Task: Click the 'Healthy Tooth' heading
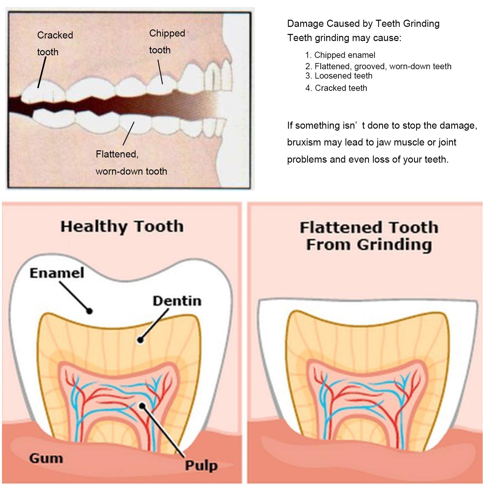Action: pyautogui.click(x=122, y=227)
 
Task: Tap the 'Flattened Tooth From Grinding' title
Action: pyautogui.click(x=369, y=236)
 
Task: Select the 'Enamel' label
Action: pyautogui.click(x=57, y=273)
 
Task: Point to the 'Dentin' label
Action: pyautogui.click(x=177, y=301)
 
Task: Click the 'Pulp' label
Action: pyautogui.click(x=201, y=466)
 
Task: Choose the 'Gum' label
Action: pyautogui.click(x=46, y=458)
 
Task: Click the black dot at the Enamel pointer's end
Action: pyautogui.click(x=89, y=311)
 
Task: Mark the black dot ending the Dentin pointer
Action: pyautogui.click(x=140, y=340)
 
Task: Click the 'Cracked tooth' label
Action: pyautogui.click(x=55, y=43)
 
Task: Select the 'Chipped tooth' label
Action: pyautogui.click(x=167, y=41)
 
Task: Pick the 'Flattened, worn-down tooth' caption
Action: pyautogui.click(x=131, y=163)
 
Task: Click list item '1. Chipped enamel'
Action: pyautogui.click(x=340, y=55)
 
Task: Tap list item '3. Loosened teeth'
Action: pyautogui.click(x=339, y=76)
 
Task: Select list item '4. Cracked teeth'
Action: pyautogui.click(x=336, y=88)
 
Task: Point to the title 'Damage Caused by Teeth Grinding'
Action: pyautogui.click(x=363, y=24)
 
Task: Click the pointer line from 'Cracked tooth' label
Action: pyautogui.click(x=42, y=72)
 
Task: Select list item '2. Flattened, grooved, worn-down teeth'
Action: pyautogui.click(x=378, y=66)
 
